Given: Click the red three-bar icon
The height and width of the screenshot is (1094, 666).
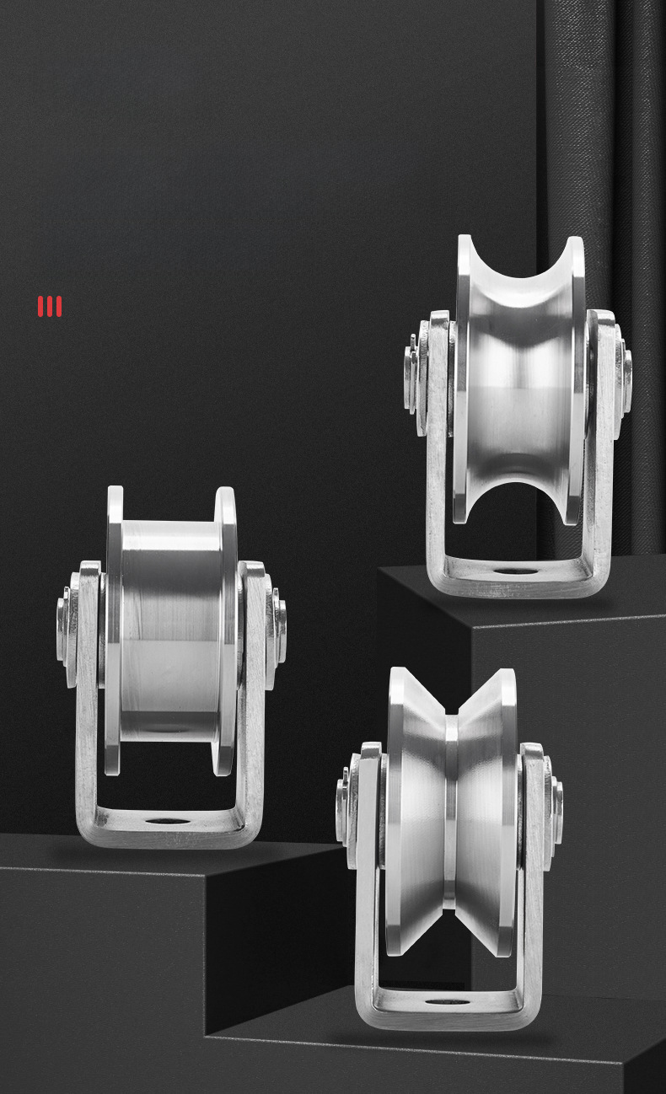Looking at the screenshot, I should (x=50, y=306).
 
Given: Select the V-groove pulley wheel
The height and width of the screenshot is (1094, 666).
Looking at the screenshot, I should (x=452, y=809).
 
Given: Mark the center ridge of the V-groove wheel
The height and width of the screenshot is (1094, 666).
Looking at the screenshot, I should (x=451, y=809).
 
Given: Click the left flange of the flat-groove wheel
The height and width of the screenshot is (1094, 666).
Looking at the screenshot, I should (x=114, y=632).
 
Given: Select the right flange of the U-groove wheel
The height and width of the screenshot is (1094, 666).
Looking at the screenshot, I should (x=577, y=379).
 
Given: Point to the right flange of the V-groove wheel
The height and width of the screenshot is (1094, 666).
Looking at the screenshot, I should (x=508, y=809).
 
